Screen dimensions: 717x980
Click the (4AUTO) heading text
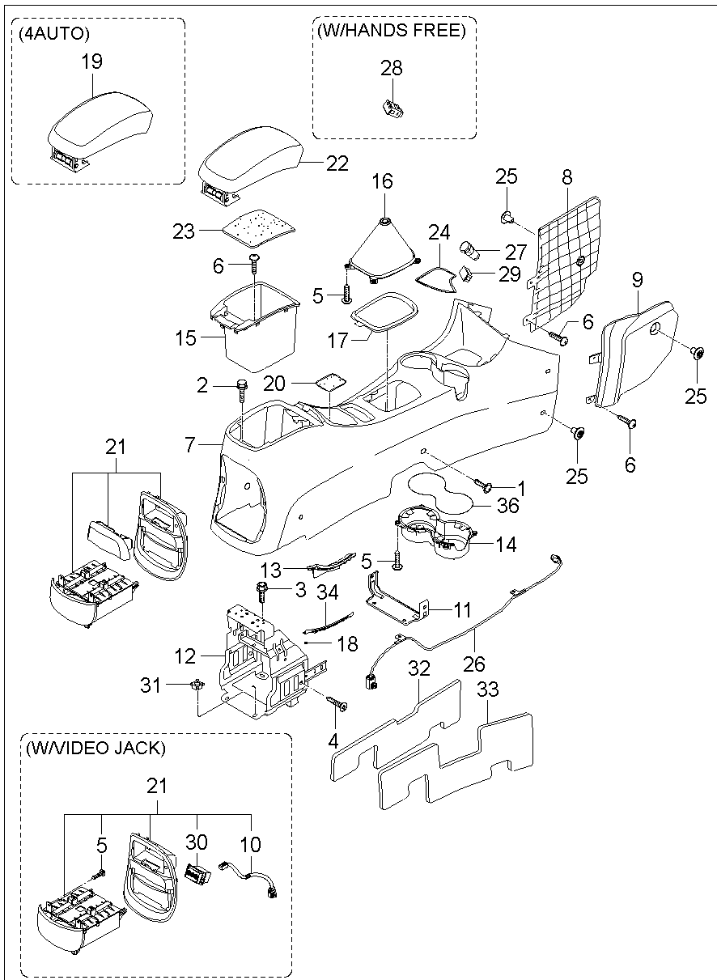pyautogui.click(x=53, y=34)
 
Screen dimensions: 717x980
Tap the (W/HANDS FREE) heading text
pyautogui.click(x=392, y=30)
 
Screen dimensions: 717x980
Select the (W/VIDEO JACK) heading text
pyautogui.click(x=95, y=748)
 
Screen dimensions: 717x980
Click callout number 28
pyautogui.click(x=392, y=68)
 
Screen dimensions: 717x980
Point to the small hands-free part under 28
pyautogui.click(x=392, y=108)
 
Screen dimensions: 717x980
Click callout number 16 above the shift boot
pyautogui.click(x=383, y=181)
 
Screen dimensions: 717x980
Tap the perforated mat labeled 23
pyautogui.click(x=257, y=227)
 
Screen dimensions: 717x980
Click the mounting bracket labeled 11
pyautogui.click(x=397, y=597)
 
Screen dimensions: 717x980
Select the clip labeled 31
pyautogui.click(x=197, y=685)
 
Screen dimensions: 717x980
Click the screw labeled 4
pyautogui.click(x=337, y=703)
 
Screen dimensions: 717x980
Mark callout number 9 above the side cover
pyautogui.click(x=638, y=279)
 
